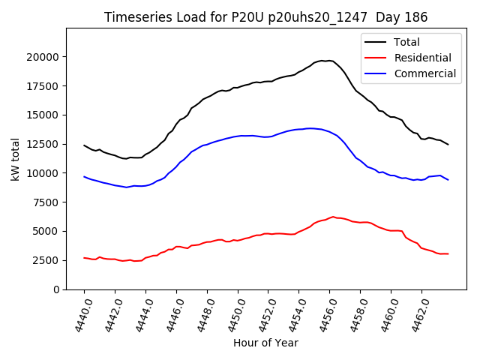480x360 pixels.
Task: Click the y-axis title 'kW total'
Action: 15,159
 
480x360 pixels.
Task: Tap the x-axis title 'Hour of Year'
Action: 265,343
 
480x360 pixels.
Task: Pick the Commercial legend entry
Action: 424,73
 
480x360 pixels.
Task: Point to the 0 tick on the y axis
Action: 56,289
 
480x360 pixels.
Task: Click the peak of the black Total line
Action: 327,61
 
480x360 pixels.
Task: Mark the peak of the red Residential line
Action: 333,217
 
